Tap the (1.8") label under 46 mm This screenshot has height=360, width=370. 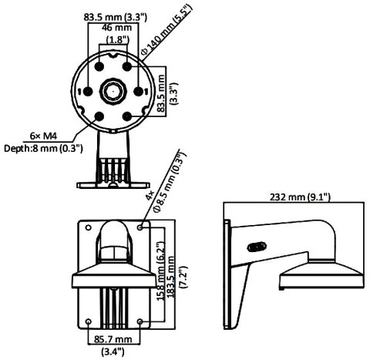[x=116, y=39]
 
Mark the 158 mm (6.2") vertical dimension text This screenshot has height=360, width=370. [x=162, y=262]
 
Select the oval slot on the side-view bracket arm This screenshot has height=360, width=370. [x=252, y=247]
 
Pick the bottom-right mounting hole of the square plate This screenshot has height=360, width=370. [x=140, y=321]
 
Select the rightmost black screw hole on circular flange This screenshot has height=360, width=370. [x=138, y=91]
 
